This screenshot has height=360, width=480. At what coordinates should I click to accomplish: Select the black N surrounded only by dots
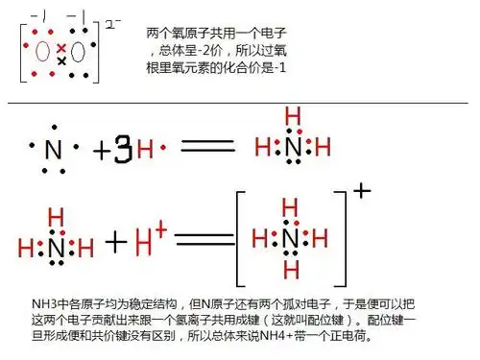(x=54, y=151)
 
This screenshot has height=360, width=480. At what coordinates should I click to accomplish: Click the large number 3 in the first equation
(x=123, y=151)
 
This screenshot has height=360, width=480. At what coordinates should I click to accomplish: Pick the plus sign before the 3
(x=103, y=151)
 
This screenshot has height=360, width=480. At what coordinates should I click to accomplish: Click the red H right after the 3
(x=145, y=150)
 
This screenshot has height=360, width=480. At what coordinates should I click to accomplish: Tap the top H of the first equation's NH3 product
(x=293, y=116)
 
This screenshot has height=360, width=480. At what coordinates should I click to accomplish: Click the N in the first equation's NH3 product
(x=293, y=147)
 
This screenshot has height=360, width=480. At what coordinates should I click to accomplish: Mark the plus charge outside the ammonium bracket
(x=362, y=189)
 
